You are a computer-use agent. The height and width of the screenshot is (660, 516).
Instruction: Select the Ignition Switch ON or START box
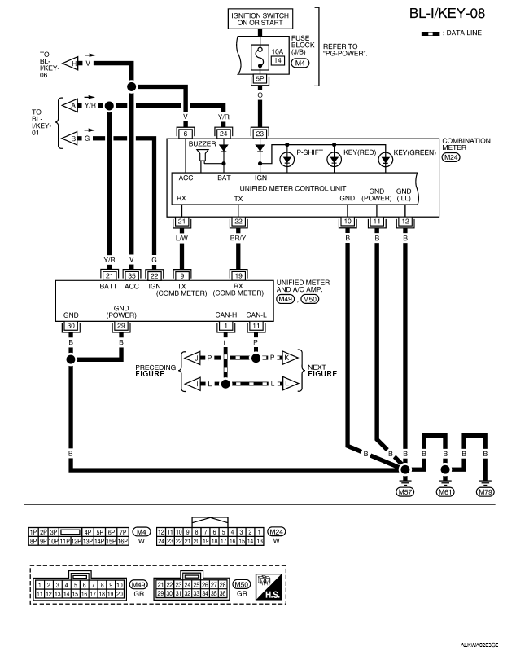[x=262, y=19]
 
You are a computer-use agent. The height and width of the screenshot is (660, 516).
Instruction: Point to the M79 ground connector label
[x=485, y=491]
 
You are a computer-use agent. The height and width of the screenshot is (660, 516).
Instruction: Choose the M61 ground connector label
[x=444, y=491]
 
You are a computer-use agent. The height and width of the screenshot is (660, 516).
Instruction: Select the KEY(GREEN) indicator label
[x=415, y=152]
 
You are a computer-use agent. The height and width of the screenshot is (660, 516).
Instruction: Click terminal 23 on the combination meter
[x=260, y=133]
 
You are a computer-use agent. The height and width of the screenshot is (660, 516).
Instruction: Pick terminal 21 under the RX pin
[x=181, y=222]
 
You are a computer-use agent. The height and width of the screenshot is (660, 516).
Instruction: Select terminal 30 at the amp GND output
[x=72, y=326]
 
